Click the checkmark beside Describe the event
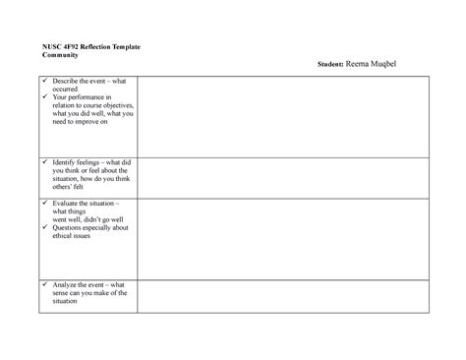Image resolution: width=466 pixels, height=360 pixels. click(x=42, y=80)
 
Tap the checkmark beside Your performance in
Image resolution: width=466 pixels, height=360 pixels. click(x=42, y=98)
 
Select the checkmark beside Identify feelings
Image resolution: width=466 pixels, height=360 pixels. click(x=42, y=160)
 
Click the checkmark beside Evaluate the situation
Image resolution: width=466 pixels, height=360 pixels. click(x=42, y=201)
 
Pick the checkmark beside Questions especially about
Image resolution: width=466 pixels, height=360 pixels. click(x=42, y=226)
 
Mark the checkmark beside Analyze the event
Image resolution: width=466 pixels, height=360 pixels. click(x=42, y=284)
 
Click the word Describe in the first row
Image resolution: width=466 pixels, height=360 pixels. click(x=67, y=80)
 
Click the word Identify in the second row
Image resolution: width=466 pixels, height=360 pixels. click(x=65, y=160)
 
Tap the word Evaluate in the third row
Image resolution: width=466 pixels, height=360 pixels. click(x=67, y=201)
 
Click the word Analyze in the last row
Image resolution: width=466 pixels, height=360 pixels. click(x=67, y=284)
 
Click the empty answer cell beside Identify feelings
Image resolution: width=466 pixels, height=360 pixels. click(x=285, y=175)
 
